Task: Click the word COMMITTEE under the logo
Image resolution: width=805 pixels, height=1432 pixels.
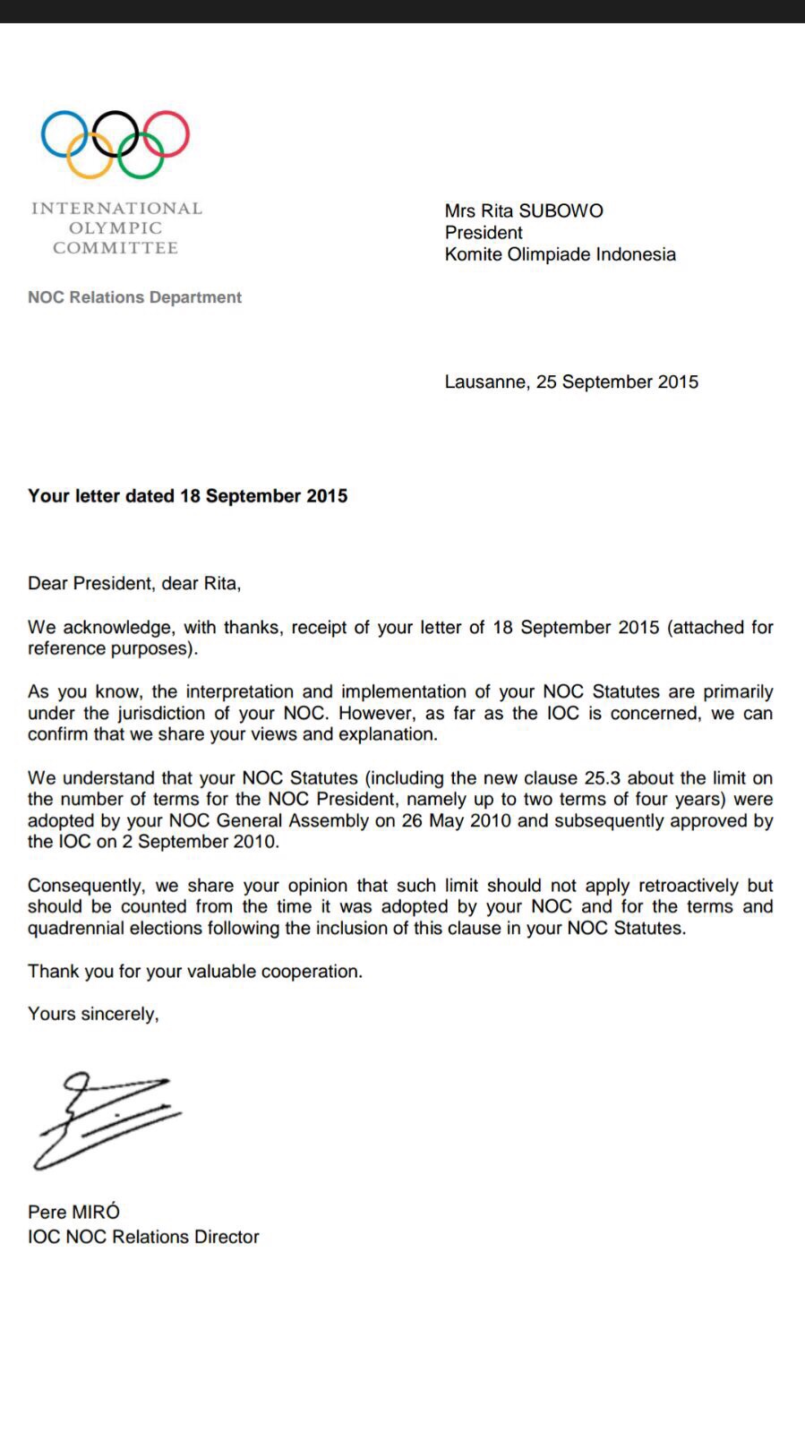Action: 115,248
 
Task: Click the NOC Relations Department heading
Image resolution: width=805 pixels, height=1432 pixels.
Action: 134,297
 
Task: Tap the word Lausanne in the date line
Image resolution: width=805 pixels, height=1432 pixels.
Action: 484,382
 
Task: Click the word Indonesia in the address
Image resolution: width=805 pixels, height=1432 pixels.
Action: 636,254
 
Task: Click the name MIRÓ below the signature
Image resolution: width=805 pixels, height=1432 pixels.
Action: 96,1213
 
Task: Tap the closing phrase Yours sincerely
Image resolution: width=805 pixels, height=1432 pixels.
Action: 93,1014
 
